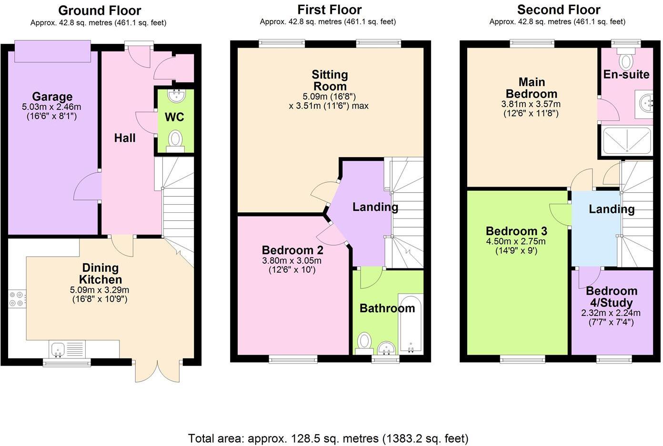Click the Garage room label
click(x=52, y=97)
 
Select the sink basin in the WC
click(x=176, y=96)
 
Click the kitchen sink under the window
click(x=60, y=350)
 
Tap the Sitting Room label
click(x=330, y=80)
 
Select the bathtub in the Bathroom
click(x=410, y=325)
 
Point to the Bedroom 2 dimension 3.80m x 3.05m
click(x=292, y=261)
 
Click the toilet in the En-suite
click(x=626, y=60)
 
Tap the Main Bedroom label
click(x=531, y=88)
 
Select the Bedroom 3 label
click(x=516, y=231)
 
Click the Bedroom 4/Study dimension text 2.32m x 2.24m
click(x=611, y=313)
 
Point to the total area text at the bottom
click(x=328, y=438)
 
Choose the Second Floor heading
click(x=558, y=10)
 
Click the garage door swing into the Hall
click(x=87, y=187)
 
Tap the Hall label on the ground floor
click(x=125, y=138)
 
